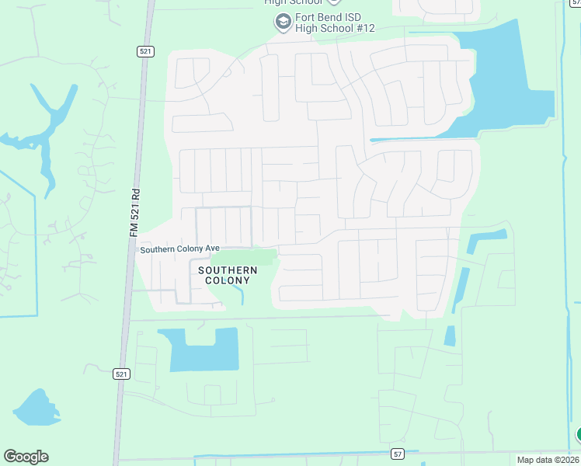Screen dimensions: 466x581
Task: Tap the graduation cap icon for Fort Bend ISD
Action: [x=282, y=23]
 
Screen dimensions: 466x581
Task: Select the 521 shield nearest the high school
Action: [x=144, y=51]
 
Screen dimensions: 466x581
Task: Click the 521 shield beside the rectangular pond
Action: [x=120, y=374]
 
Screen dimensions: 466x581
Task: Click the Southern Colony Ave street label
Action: [x=180, y=249]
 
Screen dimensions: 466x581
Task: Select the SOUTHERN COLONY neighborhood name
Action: [x=227, y=275]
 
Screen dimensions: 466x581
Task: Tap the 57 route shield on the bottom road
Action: [x=398, y=453]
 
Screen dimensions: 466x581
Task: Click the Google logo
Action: [x=26, y=457]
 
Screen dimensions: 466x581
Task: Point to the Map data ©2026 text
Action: [x=548, y=460]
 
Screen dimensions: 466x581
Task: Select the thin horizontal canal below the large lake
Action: [x=412, y=139]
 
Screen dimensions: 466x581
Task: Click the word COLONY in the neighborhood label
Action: [x=227, y=280]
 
